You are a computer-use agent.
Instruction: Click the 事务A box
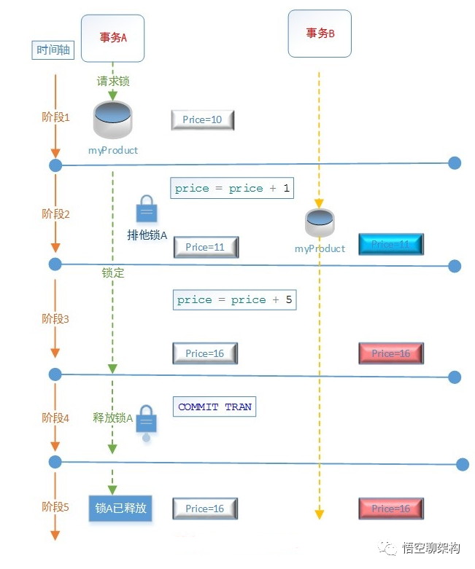tap(113, 38)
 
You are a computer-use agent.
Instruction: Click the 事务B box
tap(320, 33)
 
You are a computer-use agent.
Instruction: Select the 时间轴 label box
tap(55, 50)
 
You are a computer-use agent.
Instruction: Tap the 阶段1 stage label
tap(55, 117)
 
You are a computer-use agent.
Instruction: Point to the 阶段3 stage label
tap(55, 319)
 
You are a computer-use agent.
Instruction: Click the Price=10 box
tap(203, 119)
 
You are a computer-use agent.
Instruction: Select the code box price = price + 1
tap(232, 189)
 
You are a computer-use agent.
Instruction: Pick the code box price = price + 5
tap(235, 300)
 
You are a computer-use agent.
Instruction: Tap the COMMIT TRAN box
tap(215, 407)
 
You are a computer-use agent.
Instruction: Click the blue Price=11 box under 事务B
tap(391, 245)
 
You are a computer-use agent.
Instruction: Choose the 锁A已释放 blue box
tap(121, 508)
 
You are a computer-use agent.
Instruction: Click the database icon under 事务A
tap(113, 120)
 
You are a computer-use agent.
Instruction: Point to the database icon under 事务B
tap(320, 222)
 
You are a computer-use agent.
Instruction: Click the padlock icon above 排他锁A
tap(147, 208)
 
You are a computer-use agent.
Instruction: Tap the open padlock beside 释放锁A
tap(147, 421)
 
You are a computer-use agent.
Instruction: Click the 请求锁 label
tap(113, 81)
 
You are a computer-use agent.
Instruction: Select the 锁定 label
tap(113, 273)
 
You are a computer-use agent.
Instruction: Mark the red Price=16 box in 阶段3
tap(391, 353)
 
